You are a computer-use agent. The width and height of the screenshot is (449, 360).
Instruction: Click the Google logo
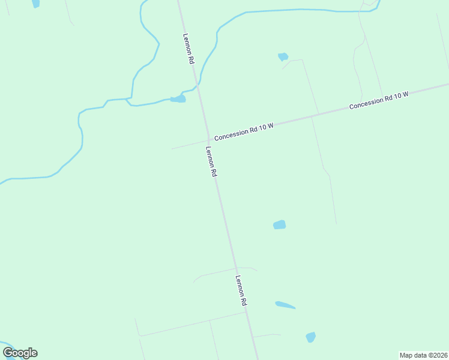[20, 353]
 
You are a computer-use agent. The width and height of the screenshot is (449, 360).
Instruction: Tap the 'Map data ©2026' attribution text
[423, 355]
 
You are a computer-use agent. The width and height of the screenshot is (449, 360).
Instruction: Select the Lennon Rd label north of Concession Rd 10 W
[189, 49]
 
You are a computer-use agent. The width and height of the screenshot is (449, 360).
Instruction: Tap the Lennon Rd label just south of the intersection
[211, 161]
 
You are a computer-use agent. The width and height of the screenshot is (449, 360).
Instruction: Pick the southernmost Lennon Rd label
[241, 291]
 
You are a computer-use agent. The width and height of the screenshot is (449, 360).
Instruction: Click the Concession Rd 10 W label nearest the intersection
[244, 131]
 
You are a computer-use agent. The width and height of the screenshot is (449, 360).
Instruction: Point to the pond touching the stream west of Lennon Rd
[178, 98]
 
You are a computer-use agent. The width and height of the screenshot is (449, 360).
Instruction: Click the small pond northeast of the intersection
[283, 57]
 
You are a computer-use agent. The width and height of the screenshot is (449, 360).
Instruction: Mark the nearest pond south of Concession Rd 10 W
[279, 225]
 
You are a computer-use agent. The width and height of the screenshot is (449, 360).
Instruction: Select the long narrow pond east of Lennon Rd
[285, 305]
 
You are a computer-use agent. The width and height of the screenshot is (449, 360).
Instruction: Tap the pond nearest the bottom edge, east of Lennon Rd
[310, 337]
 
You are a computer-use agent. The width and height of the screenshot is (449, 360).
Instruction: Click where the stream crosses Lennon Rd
[197, 88]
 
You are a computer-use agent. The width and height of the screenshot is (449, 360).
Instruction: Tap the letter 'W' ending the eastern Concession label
[405, 94]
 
